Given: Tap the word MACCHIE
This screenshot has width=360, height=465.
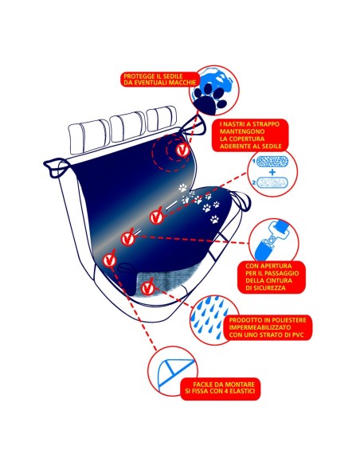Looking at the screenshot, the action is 182,83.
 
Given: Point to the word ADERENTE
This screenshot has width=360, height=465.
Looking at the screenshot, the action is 235,147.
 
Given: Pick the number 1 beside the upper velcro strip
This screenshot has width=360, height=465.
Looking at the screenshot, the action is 254,162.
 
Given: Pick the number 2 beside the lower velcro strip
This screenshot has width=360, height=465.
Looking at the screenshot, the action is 254,183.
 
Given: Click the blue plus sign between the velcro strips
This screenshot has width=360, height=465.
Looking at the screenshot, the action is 272,172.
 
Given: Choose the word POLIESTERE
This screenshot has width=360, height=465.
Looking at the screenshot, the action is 289,320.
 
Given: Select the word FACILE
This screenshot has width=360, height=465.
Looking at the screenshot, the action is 202,385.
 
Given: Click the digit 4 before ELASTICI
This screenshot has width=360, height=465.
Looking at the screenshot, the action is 227,391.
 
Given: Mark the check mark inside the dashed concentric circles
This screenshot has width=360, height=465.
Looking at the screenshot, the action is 182,150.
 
